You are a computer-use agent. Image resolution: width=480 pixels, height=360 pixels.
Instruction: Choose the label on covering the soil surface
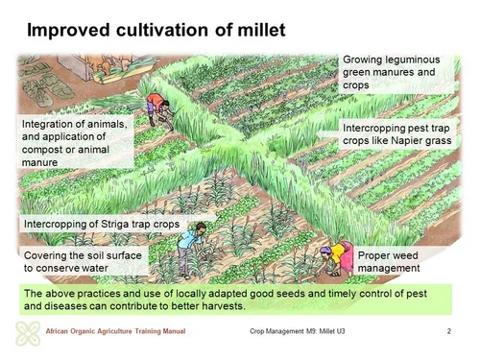pyautogui.click(x=82, y=263)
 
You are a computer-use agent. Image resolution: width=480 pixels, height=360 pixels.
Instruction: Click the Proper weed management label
pyautogui.click(x=393, y=263)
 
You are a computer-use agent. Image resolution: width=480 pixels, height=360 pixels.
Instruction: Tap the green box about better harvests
pyautogui.click(x=234, y=300)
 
